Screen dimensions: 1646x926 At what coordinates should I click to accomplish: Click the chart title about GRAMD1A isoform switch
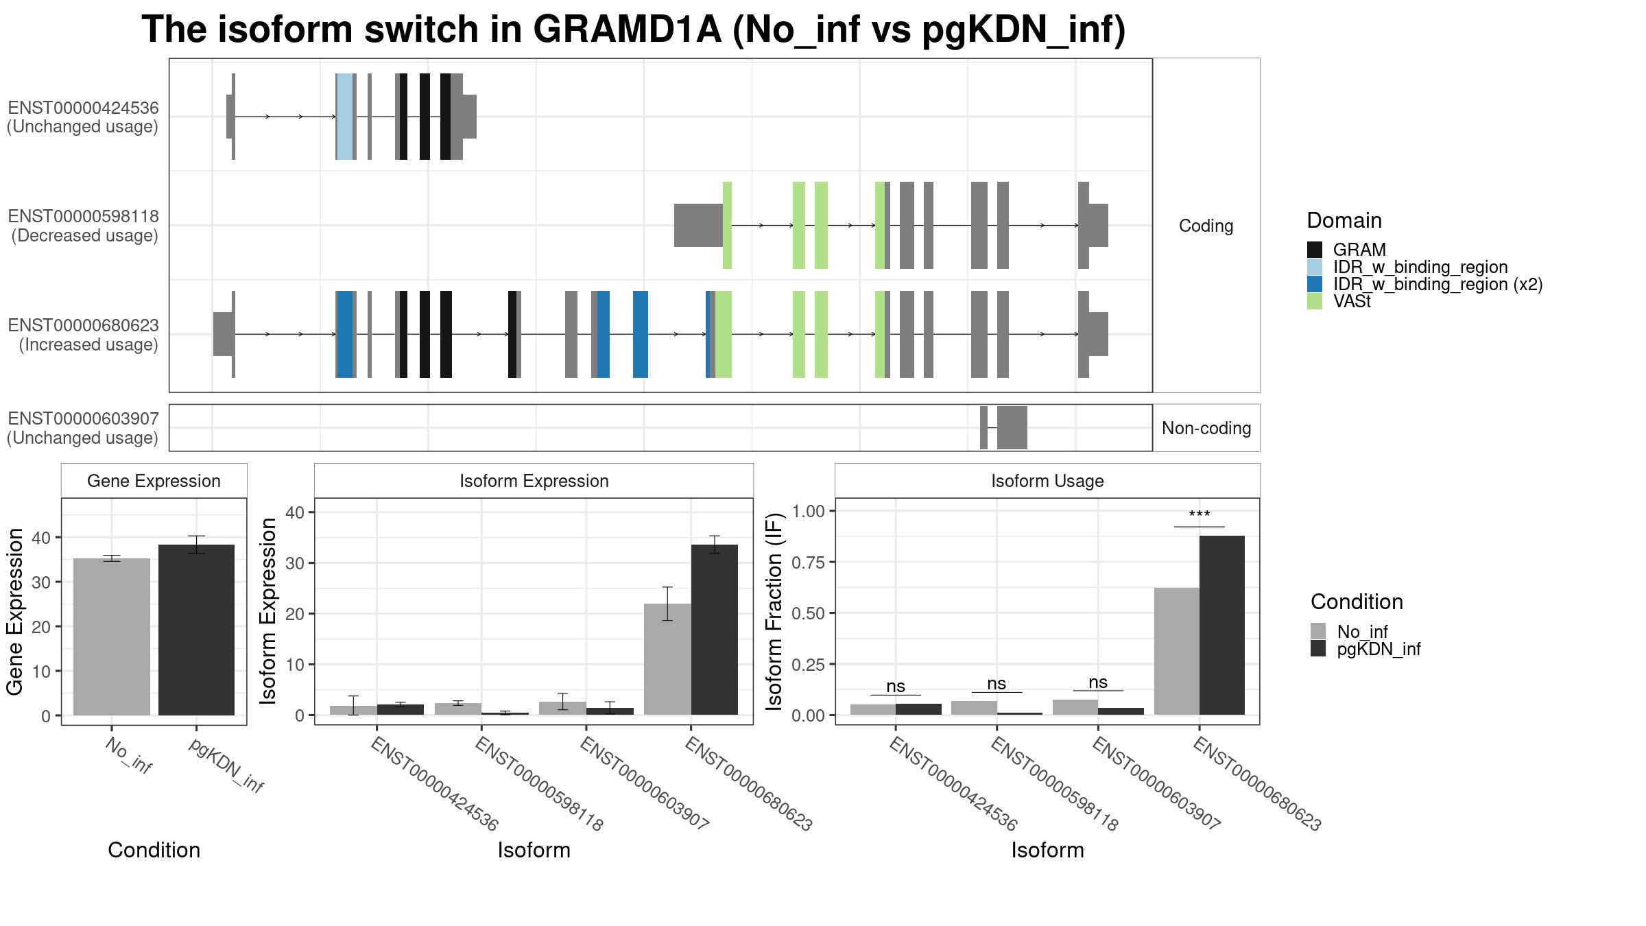634,30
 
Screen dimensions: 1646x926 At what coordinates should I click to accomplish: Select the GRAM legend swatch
1315,250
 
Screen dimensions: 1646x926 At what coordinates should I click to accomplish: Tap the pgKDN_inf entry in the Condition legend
1365,649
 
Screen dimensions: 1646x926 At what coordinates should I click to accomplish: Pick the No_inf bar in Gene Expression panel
112,637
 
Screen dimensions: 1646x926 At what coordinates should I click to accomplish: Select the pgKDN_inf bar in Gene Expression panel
196,630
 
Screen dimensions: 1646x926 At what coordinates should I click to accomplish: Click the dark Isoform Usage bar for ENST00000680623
1222,625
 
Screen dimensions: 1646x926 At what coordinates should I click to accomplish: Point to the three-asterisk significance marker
1200,515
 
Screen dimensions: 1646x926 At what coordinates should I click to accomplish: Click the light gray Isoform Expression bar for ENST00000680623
667,659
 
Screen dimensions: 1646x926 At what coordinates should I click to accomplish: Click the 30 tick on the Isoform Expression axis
295,562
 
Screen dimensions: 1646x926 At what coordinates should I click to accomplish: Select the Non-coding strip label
1206,428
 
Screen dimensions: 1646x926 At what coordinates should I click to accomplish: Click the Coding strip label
1206,226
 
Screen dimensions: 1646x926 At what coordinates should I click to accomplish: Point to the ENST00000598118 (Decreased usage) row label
83,226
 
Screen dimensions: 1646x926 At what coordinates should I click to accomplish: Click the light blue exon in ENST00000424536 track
345,117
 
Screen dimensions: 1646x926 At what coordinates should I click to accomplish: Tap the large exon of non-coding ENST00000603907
1012,428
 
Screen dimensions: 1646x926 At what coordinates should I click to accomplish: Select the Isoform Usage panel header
1047,481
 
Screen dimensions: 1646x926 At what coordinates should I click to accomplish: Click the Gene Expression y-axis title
15,611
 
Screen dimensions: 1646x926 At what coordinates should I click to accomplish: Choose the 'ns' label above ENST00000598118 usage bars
997,683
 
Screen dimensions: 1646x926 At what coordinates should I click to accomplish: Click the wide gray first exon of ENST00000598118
698,225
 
